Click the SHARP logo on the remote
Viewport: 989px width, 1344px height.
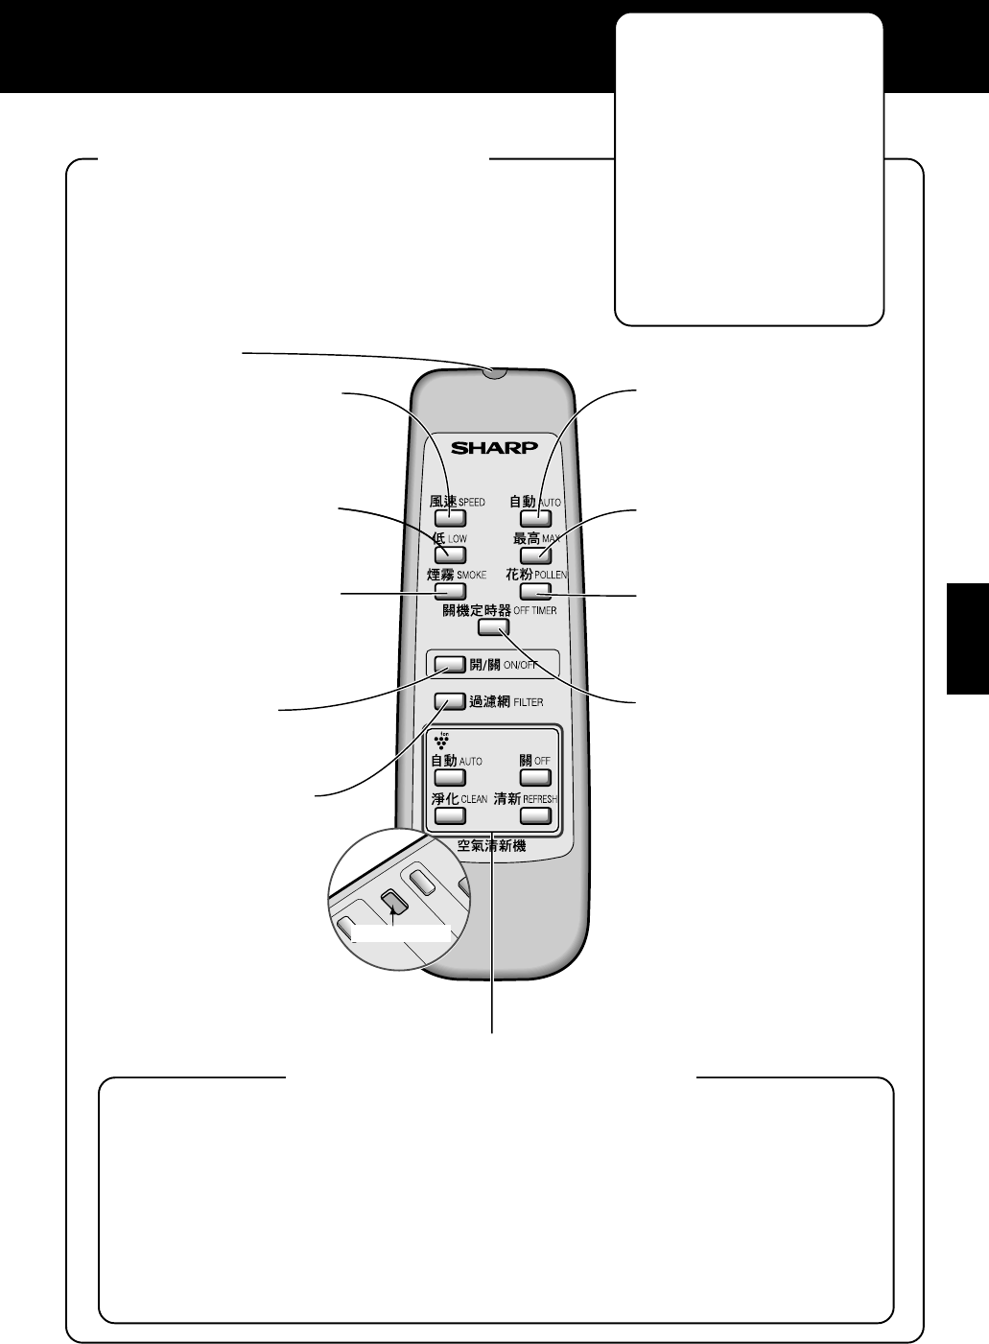(495, 448)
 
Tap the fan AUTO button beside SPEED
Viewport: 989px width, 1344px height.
(535, 518)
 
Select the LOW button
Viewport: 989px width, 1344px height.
(450, 554)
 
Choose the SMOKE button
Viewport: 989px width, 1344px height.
(450, 591)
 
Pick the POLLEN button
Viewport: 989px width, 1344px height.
(535, 591)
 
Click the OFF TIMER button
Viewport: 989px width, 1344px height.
(493, 627)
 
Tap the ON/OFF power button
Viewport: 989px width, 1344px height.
(450, 664)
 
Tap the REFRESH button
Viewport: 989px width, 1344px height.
(535, 815)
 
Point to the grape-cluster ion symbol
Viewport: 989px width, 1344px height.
(441, 741)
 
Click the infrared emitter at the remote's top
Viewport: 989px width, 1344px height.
(494, 373)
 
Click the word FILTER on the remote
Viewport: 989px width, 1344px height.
(529, 702)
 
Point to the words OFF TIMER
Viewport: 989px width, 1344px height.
(535, 611)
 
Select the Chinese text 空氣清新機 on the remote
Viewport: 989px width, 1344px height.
(491, 846)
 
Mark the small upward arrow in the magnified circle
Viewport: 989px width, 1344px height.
(392, 918)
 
